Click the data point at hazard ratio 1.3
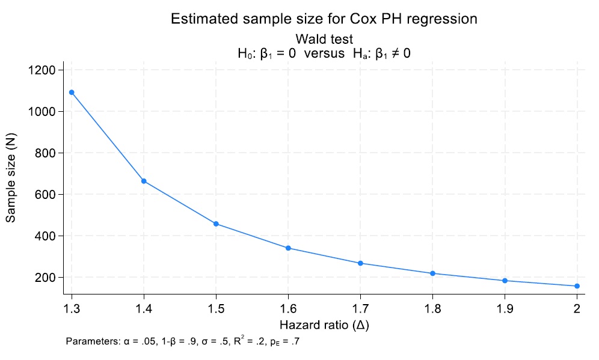point(72,93)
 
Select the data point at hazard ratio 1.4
point(144,181)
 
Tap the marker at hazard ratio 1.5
point(217,224)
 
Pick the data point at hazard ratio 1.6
point(289,248)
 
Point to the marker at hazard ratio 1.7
point(361,263)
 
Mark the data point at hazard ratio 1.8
point(433,273)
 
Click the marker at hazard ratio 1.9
point(505,281)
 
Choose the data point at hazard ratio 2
point(577,286)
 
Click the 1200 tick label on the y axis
point(42,70)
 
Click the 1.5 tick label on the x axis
point(217,309)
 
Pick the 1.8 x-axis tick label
point(433,309)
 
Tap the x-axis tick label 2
point(577,309)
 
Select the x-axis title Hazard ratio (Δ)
point(324,325)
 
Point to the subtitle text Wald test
point(324,40)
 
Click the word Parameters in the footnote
point(93,342)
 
